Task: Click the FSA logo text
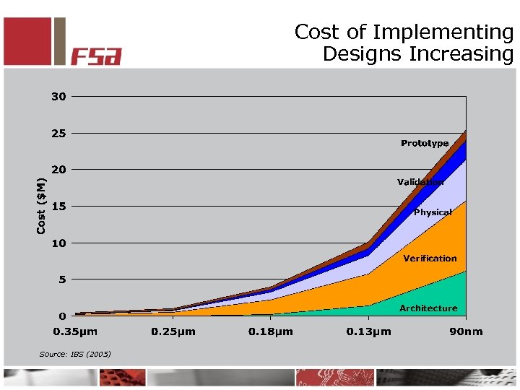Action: [x=96, y=56]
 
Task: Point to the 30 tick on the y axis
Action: [x=58, y=96]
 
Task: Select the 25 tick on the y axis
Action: [x=58, y=133]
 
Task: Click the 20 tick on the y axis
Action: [x=58, y=170]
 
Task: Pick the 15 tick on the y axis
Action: [x=58, y=207]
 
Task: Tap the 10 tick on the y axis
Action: [x=58, y=243]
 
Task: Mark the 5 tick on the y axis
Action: [x=62, y=279]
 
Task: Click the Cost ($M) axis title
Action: [x=43, y=207]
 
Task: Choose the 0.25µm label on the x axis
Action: [x=173, y=331]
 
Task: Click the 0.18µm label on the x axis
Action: [x=271, y=331]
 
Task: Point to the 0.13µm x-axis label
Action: [x=369, y=331]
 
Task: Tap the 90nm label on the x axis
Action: [x=466, y=331]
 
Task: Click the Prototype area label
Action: [x=425, y=144]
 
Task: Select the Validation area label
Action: [x=420, y=182]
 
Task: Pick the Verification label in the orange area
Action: [x=430, y=258]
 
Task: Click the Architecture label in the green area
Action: [x=428, y=308]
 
